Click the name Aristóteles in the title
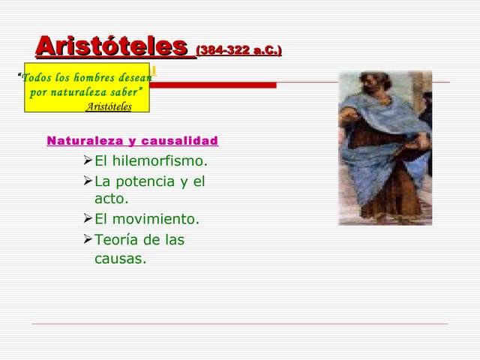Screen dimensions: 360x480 pos(111,46)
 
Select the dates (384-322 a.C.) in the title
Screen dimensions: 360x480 pos(238,51)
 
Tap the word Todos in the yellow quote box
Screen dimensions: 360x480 pos(35,79)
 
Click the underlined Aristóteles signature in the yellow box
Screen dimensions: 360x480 pos(109,106)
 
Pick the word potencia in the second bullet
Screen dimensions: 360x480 pos(145,181)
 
